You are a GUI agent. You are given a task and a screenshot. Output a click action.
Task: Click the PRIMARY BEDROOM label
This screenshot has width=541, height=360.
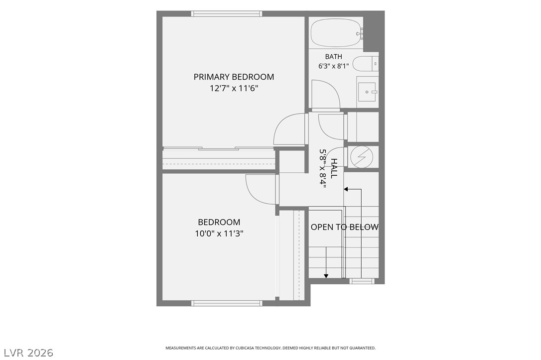pos(234,77)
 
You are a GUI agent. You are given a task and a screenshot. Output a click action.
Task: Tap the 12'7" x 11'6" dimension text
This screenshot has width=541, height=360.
pos(234,89)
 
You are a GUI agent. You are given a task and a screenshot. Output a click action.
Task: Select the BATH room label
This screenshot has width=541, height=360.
pos(334,57)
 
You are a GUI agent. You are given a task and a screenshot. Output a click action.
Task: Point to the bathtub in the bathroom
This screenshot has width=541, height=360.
pos(336,33)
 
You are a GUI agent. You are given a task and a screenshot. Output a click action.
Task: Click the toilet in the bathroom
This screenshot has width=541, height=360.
pos(365,63)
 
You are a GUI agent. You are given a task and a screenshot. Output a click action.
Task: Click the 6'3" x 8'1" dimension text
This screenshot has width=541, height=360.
pos(333,66)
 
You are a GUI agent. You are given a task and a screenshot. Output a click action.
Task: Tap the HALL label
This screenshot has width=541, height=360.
pos(334,168)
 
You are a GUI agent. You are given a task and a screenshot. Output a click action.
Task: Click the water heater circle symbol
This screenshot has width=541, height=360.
pos(362,157)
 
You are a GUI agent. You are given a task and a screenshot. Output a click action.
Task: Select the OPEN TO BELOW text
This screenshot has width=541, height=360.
pos(344,227)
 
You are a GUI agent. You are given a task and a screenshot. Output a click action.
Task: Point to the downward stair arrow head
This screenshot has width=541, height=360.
pos(326,275)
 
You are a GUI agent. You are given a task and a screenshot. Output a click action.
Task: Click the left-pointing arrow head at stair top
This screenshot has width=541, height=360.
pos(346,189)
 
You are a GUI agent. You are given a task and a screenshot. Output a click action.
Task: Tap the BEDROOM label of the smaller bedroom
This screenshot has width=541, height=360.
pos(219,222)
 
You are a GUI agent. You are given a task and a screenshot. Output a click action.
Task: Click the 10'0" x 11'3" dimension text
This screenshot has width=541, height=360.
pos(219,234)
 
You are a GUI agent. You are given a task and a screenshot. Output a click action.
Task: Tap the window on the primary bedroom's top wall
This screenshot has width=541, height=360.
pos(227,14)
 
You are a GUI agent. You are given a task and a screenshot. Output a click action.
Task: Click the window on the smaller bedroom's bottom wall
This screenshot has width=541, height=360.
pos(227,303)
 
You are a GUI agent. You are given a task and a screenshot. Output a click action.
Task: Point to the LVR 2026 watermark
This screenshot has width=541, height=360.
pos(28,353)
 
